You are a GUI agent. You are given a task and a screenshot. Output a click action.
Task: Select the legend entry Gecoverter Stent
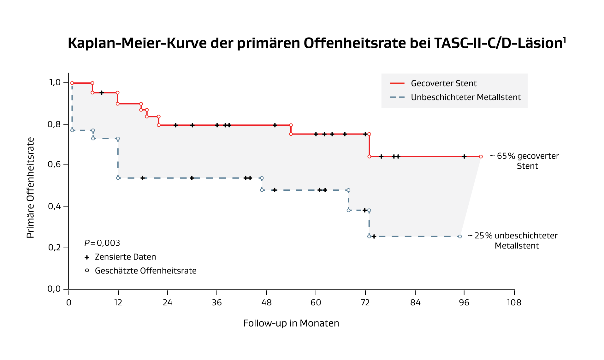[443, 83]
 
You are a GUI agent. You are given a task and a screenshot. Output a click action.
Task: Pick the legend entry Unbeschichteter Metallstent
[465, 97]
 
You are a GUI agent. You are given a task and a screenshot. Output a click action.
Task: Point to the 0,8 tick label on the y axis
[54, 124]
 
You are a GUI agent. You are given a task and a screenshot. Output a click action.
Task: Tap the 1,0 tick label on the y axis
[55, 83]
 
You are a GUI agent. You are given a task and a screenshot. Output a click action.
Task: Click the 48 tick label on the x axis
[266, 303]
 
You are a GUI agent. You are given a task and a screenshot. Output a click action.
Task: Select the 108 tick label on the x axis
[514, 303]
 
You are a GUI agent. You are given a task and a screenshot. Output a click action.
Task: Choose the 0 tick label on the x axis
[69, 303]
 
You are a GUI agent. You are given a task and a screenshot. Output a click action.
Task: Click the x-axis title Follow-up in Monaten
[291, 323]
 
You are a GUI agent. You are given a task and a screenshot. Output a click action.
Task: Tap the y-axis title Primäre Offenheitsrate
[30, 188]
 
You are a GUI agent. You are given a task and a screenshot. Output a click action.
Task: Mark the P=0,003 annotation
[102, 243]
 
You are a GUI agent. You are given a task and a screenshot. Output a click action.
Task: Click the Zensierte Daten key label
[125, 257]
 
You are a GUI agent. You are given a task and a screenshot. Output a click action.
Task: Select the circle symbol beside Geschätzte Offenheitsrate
[87, 271]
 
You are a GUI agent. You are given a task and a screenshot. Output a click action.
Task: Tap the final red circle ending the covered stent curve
[481, 157]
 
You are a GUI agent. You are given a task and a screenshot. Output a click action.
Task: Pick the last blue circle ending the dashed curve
[460, 237]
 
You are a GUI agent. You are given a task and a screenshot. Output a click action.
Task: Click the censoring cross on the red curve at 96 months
[464, 157]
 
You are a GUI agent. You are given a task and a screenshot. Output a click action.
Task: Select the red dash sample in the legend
[397, 83]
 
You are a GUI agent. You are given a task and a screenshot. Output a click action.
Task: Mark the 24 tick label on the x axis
[168, 303]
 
